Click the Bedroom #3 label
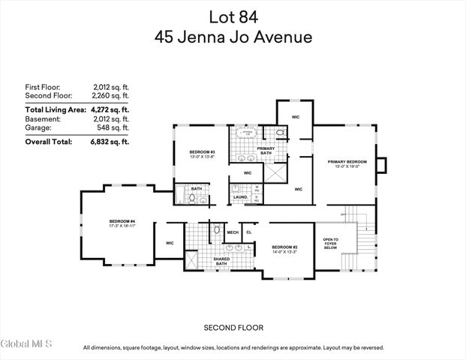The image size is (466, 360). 202,154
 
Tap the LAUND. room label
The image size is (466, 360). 239,197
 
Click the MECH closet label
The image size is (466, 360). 233,232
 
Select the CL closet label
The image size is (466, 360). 249,232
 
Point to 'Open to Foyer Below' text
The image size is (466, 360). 331,244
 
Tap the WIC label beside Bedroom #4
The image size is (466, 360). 170,243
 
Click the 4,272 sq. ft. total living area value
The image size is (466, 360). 110,109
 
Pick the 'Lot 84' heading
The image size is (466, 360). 233,15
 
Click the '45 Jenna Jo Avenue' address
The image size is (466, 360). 233,36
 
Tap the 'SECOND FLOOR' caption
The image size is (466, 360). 233,328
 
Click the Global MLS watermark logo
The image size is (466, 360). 26,344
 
